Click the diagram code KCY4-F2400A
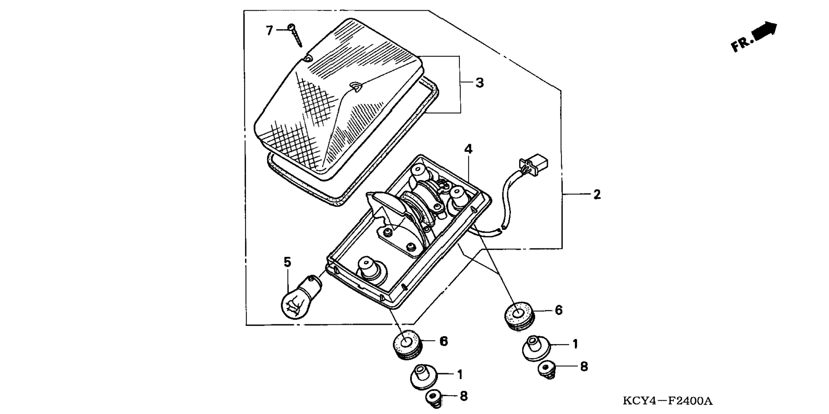coord(667,401)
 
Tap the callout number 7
coord(269,30)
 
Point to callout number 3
coord(480,83)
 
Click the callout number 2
coord(597,194)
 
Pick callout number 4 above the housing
coord(468,149)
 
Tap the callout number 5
coord(287,262)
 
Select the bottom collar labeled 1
coord(424,376)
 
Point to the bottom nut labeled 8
coord(434,398)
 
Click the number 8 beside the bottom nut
coord(463,396)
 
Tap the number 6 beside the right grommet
coord(559,310)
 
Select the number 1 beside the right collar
coord(575,344)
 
